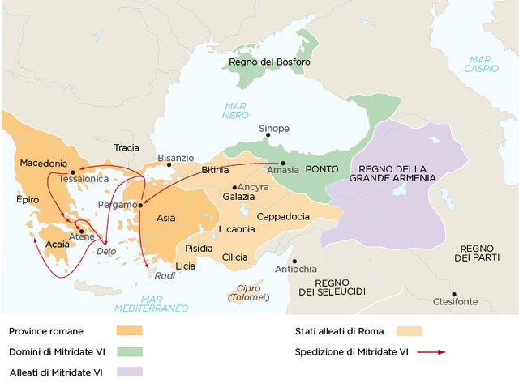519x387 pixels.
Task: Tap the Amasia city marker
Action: click(283, 163)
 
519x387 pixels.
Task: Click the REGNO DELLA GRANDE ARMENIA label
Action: click(392, 172)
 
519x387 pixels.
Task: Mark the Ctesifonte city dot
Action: click(454, 294)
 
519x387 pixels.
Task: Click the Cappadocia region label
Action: click(282, 217)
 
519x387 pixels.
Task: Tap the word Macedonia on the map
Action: click(43, 163)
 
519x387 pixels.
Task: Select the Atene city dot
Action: click(81, 231)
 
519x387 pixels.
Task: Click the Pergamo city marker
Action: click(140, 205)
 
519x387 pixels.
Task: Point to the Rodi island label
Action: click(165, 276)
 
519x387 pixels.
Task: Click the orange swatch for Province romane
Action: click(129, 331)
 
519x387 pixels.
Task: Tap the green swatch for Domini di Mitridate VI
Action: click(129, 351)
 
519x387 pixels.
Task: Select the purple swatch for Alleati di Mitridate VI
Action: click(129, 372)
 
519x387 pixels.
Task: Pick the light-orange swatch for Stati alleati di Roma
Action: click(409, 331)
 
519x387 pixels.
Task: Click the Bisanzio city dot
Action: click(169, 165)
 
